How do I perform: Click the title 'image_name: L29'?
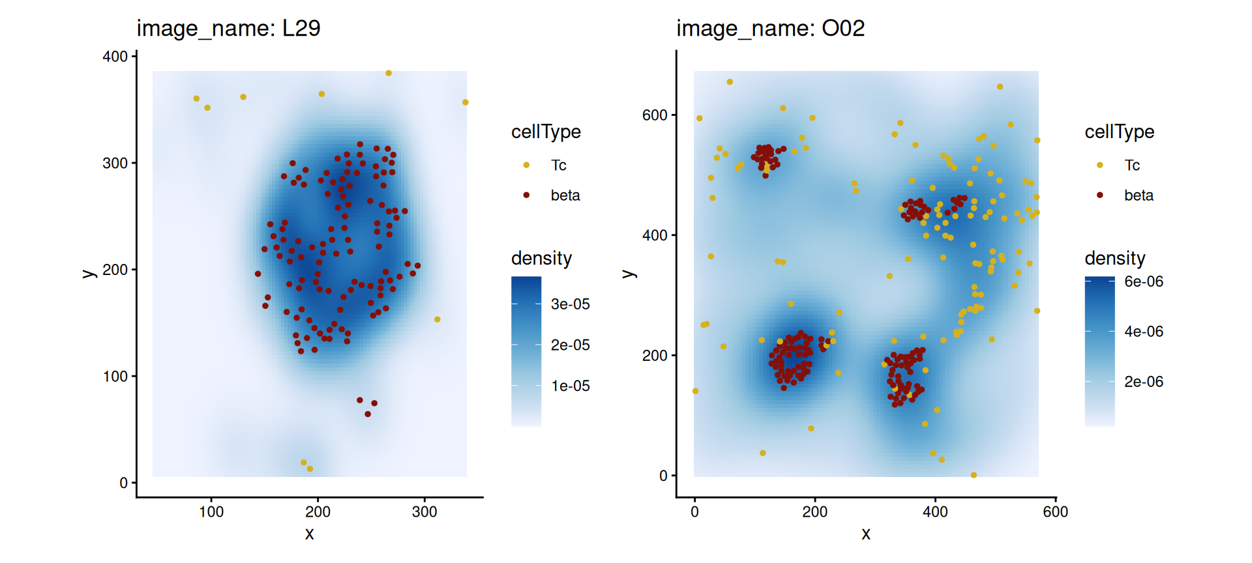tap(228, 29)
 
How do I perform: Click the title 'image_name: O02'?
tap(770, 29)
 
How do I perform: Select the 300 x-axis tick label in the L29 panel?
tap(425, 512)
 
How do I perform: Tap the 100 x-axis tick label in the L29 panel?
tap(211, 512)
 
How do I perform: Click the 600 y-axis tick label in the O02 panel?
tap(655, 115)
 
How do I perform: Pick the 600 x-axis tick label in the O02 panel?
tap(1055, 512)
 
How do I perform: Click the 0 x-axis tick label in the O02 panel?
tap(694, 512)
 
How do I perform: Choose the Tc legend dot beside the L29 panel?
tap(526, 166)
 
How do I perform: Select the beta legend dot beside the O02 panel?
tap(1100, 195)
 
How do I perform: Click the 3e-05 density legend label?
tap(570, 304)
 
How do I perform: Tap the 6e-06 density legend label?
tap(1144, 281)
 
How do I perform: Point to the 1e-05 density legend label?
tap(570, 386)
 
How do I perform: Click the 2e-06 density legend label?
tap(1144, 382)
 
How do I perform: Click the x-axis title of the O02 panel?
tap(866, 534)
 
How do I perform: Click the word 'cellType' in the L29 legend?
tap(546, 132)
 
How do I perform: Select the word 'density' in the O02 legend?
tap(1114, 258)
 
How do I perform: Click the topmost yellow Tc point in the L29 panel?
tap(389, 73)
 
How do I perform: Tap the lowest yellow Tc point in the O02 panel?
tap(974, 475)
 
